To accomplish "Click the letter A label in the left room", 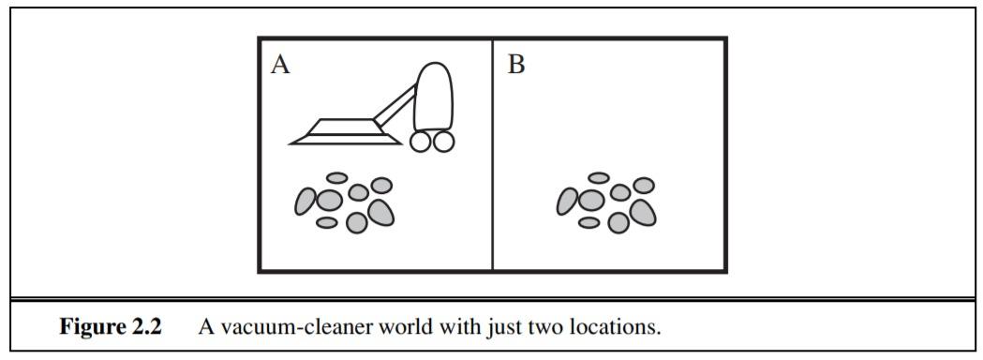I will pyautogui.click(x=279, y=65).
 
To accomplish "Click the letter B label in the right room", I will pyautogui.click(x=515, y=65).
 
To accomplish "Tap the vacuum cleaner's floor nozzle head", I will pyautogui.click(x=333, y=131).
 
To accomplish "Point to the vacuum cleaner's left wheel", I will pyautogui.click(x=420, y=141).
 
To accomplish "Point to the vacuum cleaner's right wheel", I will pyautogui.click(x=443, y=141).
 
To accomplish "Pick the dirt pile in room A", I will pyautogui.click(x=344, y=202).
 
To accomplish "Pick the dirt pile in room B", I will pyautogui.click(x=606, y=202).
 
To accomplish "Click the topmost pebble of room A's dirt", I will pyautogui.click(x=336, y=177).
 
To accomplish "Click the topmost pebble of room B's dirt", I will pyautogui.click(x=599, y=177).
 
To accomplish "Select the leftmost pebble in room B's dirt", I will pyautogui.click(x=567, y=200).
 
